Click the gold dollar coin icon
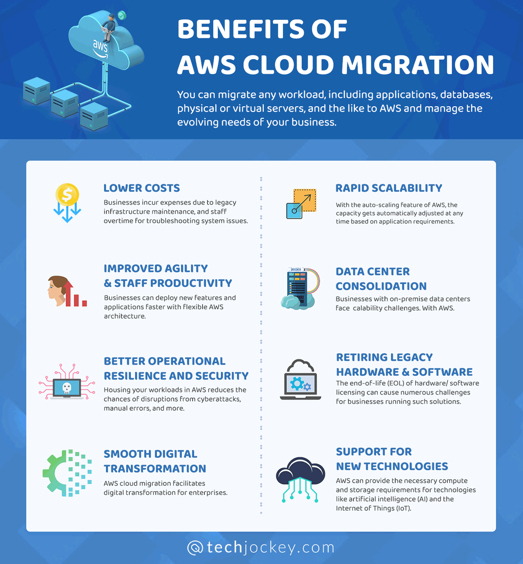[67, 194]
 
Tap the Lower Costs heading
[142, 188]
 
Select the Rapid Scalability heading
[389, 188]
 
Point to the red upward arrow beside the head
[68, 294]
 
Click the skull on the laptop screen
[67, 388]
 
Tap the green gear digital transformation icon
[67, 473]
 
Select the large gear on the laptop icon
[297, 384]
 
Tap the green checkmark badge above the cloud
[122, 15]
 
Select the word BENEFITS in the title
[241, 29]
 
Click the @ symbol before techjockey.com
[195, 548]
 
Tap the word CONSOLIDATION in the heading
[381, 286]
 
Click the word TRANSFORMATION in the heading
[155, 469]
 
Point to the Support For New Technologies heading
[392, 459]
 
